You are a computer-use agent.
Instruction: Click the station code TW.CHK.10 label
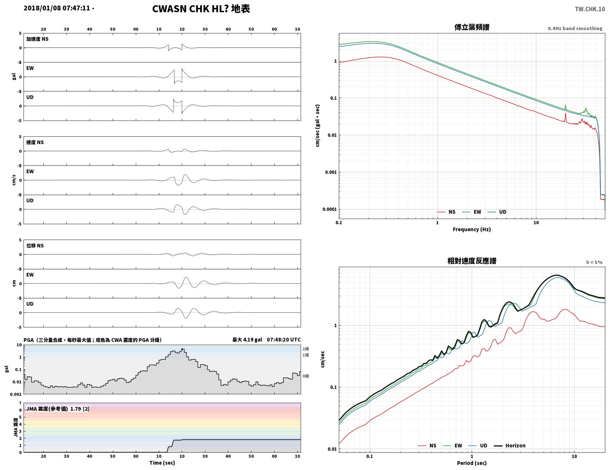tap(590, 9)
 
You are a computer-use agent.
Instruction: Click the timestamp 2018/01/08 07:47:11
tap(57, 8)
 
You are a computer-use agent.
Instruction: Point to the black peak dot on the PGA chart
tap(182, 349)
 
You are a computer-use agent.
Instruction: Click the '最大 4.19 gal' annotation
tap(247, 340)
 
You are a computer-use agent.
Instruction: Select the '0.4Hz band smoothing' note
tap(575, 28)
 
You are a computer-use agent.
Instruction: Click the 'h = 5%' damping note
tap(594, 262)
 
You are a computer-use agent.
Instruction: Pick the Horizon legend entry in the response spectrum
tap(510, 445)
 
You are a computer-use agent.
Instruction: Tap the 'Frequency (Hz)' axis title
tap(472, 229)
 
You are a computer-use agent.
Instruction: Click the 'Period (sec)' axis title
tap(472, 463)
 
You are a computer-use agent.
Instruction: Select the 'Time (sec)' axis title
tap(162, 462)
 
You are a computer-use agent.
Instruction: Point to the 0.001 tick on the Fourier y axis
tap(331, 172)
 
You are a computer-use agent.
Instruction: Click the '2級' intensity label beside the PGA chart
tap(306, 349)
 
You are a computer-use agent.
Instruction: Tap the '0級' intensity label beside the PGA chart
tap(306, 376)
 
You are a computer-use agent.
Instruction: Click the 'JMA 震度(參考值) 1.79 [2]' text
tap(58, 409)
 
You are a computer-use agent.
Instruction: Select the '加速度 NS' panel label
tap(37, 39)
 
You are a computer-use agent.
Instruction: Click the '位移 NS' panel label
tap(35, 245)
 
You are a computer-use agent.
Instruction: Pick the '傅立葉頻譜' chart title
tap(472, 27)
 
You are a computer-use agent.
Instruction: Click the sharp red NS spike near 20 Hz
tap(566, 118)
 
